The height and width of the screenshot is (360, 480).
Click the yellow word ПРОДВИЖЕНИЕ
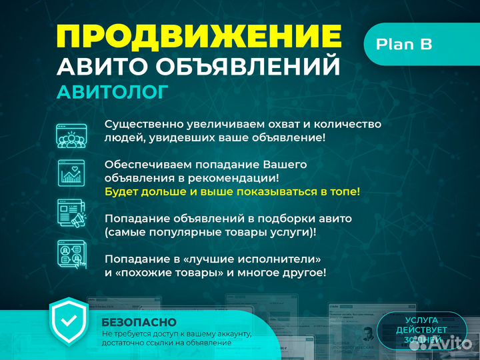[x=199, y=36]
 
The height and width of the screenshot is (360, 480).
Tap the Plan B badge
[x=404, y=44]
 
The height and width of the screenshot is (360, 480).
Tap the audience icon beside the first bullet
[x=71, y=135]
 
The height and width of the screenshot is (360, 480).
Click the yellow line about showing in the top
[x=232, y=191]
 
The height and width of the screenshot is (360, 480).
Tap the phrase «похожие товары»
[x=164, y=273]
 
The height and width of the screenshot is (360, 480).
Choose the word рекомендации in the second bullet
[x=236, y=178]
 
